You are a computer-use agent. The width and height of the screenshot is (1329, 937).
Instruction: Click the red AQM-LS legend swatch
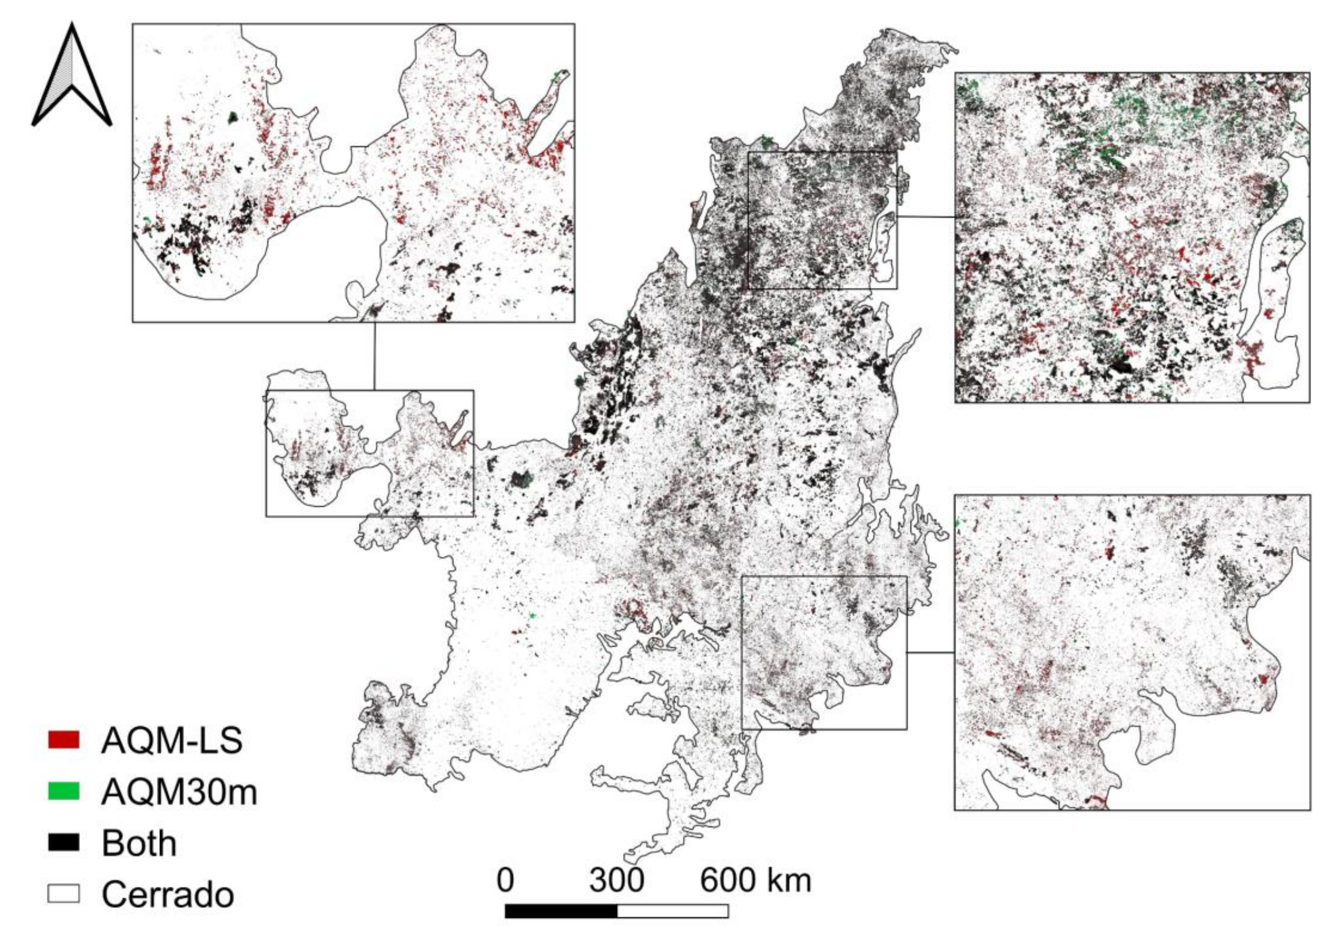pos(64,740)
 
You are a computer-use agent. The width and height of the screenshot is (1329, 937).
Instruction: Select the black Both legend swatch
pos(64,842)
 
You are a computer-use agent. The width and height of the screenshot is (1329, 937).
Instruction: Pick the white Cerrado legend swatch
pos(64,893)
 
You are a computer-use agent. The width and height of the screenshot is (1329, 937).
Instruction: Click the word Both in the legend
pos(139,843)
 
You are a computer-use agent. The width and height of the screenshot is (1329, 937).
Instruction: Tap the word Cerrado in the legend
pos(168,894)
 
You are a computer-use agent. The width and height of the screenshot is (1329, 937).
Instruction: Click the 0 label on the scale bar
pos(505,880)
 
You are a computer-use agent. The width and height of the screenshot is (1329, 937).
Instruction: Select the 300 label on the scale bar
pos(616,880)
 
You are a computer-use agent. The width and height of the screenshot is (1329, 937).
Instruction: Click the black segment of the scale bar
pos(561,911)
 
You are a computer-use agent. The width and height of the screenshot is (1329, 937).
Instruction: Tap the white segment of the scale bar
pos(672,911)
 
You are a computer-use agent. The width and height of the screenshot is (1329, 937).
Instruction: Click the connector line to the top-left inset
pos(374,356)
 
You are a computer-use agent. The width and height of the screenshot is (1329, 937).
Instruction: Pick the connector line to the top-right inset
pos(926,217)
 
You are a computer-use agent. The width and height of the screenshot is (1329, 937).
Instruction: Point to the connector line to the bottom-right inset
pos(930,652)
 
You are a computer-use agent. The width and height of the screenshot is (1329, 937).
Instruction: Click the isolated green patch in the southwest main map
pos(533,616)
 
